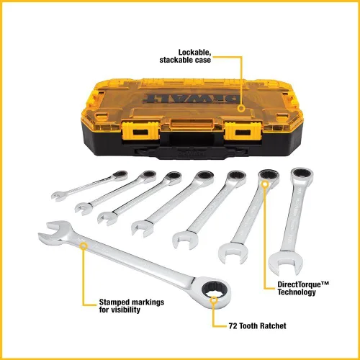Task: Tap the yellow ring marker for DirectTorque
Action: coord(266,185)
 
